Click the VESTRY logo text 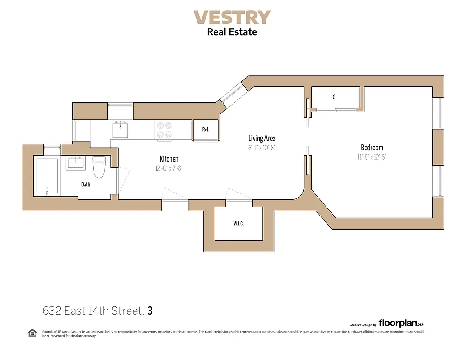click(x=232, y=18)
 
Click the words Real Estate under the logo click(x=232, y=32)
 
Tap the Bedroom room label click(x=372, y=148)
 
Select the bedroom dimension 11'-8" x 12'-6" click(x=372, y=157)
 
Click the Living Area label click(x=262, y=138)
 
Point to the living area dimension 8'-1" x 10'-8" click(x=262, y=147)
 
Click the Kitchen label click(x=169, y=159)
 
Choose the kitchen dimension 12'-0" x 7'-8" click(x=169, y=168)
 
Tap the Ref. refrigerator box click(x=206, y=130)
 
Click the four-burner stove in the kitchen click(x=164, y=130)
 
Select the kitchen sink click(x=121, y=130)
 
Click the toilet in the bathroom click(x=99, y=167)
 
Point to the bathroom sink click(x=76, y=163)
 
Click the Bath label click(x=85, y=184)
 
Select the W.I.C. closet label click(x=238, y=224)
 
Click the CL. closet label click(x=336, y=97)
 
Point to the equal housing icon click(x=32, y=333)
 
